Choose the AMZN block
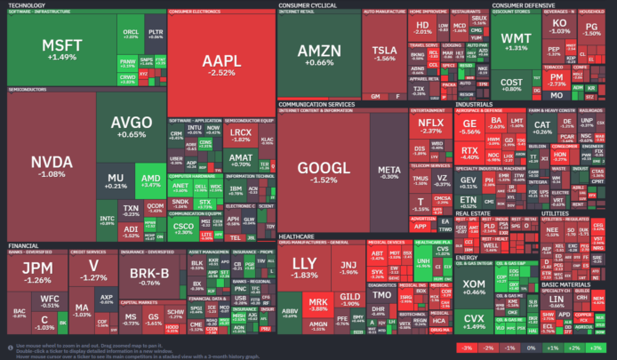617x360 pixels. pyautogui.click(x=318, y=55)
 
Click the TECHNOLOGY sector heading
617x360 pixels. pyautogui.click(x=27, y=4)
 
